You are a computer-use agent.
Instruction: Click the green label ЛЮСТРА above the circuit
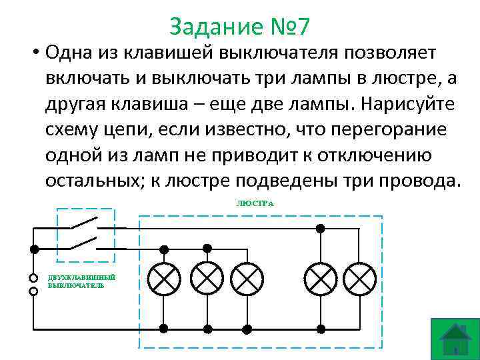point(255,203)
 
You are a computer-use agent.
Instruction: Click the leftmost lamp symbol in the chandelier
point(163,278)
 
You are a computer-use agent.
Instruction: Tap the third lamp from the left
point(247,278)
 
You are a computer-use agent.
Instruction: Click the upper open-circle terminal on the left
point(32,278)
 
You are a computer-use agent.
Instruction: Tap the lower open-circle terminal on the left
point(32,291)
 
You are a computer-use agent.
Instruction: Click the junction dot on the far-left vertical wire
point(34,248)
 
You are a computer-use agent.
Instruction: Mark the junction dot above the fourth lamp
point(321,228)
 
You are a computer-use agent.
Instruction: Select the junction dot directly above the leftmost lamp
point(163,248)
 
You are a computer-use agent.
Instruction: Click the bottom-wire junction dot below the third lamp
point(247,329)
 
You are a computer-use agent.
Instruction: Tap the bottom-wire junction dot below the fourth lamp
point(321,329)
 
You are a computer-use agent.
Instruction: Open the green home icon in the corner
point(455,339)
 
